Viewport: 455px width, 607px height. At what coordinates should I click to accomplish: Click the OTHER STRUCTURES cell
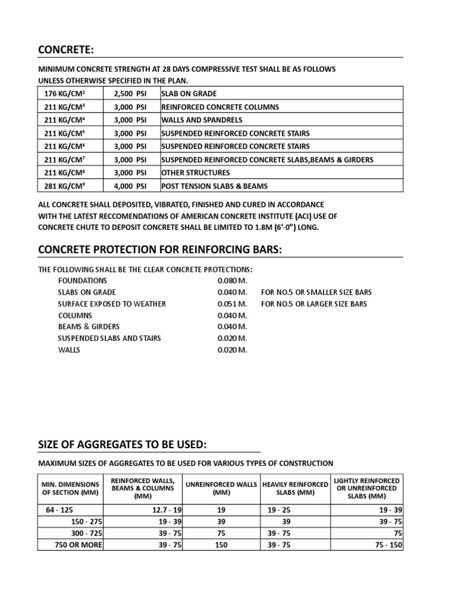tap(196, 173)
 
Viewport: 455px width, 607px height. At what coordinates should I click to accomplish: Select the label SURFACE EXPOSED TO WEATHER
tap(112, 303)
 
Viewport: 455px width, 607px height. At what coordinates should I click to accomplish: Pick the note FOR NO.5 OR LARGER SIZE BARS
tap(314, 303)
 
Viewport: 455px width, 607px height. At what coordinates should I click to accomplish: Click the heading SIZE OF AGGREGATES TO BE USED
tap(123, 445)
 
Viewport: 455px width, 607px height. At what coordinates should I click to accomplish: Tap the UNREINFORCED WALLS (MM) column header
tap(220, 488)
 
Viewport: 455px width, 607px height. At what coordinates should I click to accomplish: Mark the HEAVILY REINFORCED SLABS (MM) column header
tap(294, 488)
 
